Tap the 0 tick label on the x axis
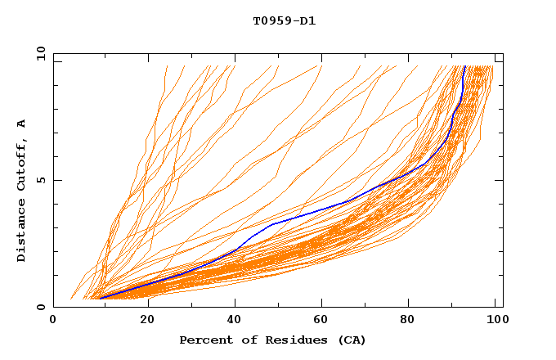tap(53, 320)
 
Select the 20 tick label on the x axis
tap(146, 320)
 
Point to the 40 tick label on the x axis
tap(235, 320)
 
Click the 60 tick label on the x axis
tap(323, 320)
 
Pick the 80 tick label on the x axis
tap(411, 320)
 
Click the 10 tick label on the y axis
tap(38, 53)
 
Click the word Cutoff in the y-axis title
tap(22, 164)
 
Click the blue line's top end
tap(464, 66)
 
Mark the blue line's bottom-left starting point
tap(100, 298)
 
